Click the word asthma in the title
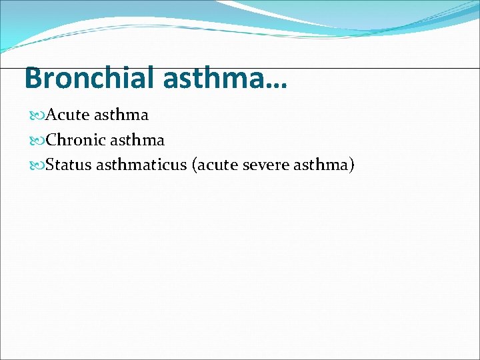(x=215, y=78)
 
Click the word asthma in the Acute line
(x=121, y=115)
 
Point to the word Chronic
(x=75, y=140)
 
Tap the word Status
(x=69, y=165)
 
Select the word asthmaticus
(x=141, y=165)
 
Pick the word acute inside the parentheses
(x=217, y=165)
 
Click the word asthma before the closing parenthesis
(x=321, y=165)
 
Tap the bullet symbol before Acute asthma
(x=38, y=115)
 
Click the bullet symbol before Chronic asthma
(x=38, y=141)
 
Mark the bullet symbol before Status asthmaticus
(x=38, y=165)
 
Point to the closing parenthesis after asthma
(x=351, y=165)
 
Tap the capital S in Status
(x=51, y=165)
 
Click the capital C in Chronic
(x=52, y=140)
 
